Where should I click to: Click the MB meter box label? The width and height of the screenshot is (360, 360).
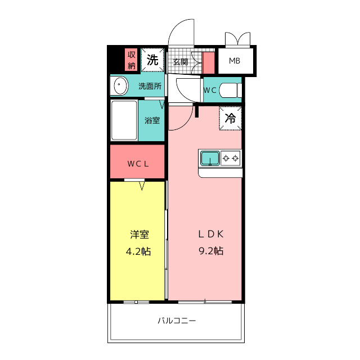235,61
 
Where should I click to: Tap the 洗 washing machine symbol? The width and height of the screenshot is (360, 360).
152,60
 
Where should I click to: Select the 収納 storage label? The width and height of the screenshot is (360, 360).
131,60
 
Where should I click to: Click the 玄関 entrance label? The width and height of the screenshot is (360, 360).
181,62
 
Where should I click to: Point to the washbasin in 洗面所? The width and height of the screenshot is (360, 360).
120,85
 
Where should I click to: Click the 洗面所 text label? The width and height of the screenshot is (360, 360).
150,86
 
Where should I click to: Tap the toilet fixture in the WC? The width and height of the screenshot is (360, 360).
230,90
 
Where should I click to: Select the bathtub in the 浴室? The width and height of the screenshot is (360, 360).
124,120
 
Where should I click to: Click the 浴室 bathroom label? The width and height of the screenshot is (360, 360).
152,120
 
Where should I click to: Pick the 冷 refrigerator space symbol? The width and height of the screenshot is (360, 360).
230,118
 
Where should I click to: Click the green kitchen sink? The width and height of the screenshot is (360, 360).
210,158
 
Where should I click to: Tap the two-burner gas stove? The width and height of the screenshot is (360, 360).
231,158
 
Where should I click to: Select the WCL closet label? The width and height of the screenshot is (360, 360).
138,164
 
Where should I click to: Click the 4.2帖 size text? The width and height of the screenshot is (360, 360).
138,251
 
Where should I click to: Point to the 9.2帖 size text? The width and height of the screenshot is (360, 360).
211,251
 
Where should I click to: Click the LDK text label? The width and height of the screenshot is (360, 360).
211,234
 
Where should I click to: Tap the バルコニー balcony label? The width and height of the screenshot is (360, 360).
177,321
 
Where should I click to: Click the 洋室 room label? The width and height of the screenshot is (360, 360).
139,235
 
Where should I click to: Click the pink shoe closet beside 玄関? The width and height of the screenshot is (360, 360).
209,63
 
